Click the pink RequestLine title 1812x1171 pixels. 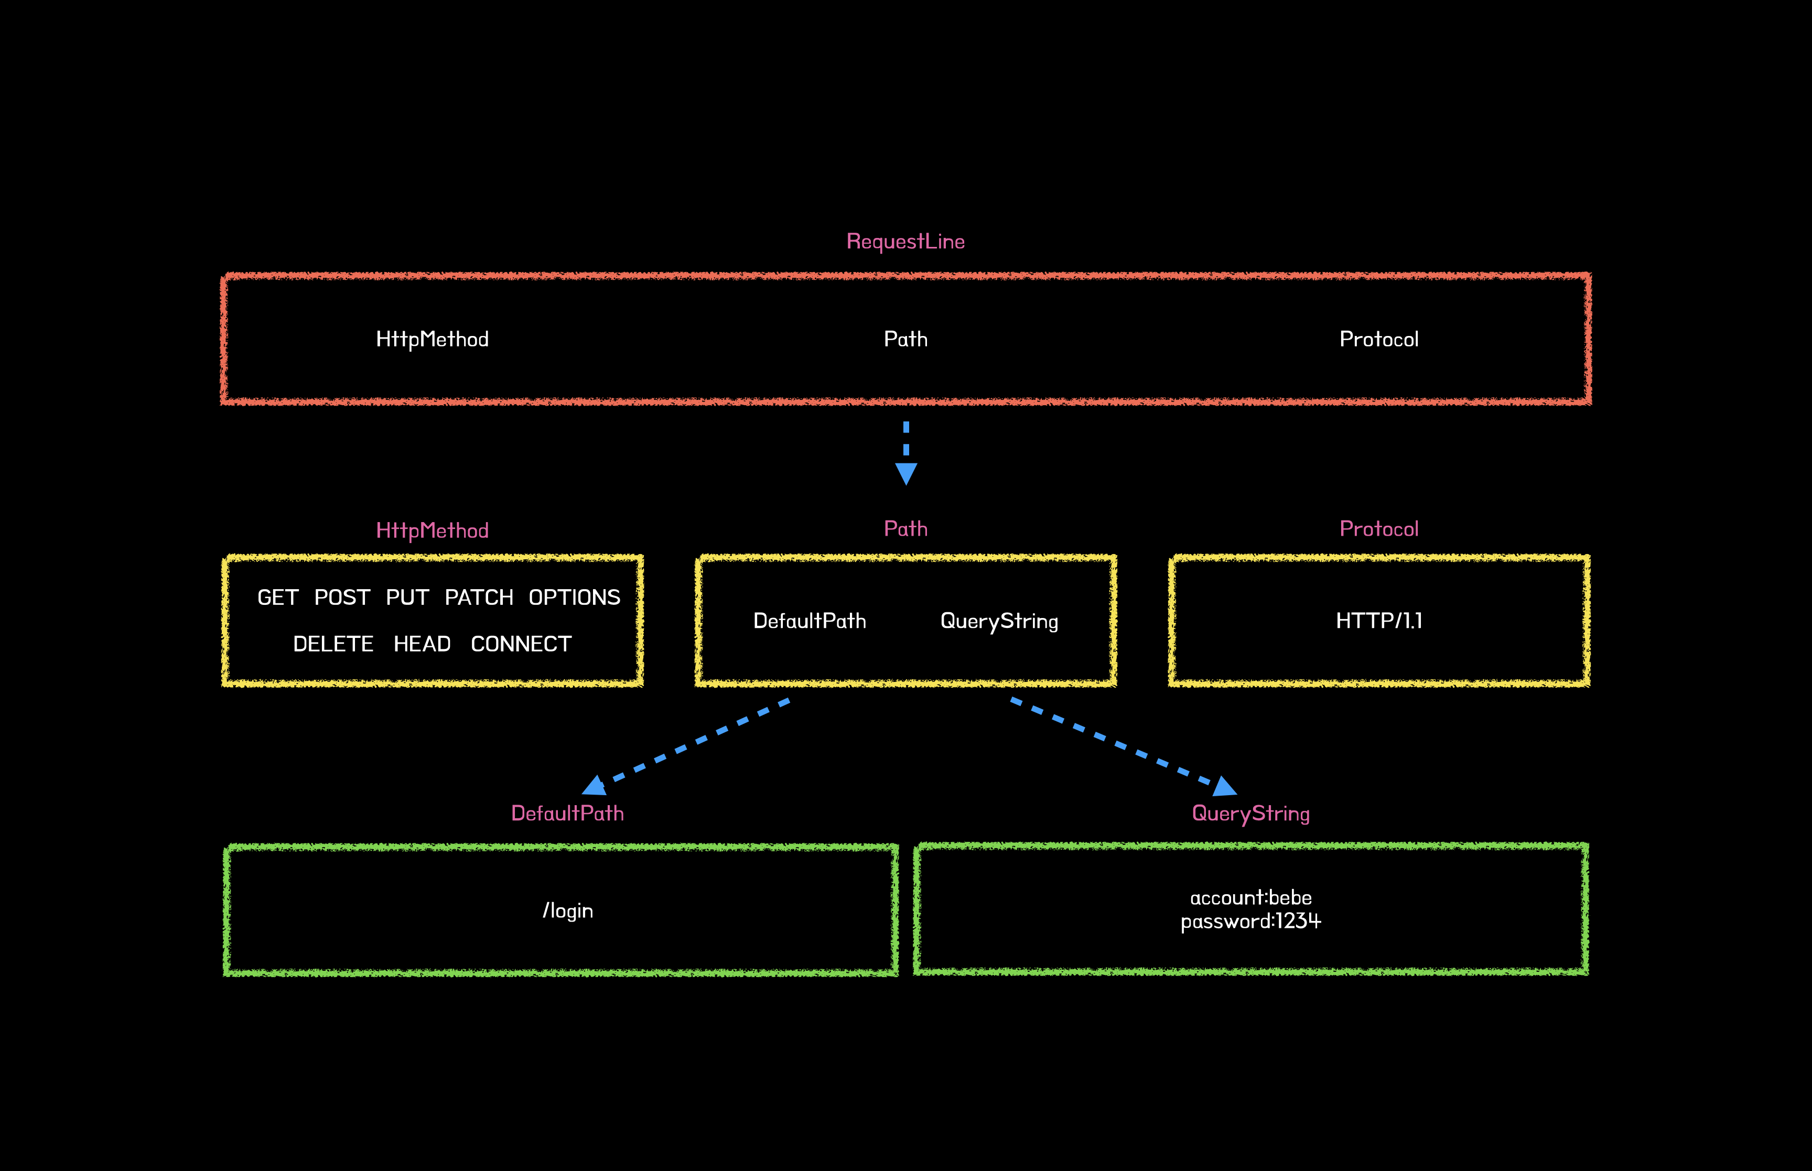[x=905, y=241]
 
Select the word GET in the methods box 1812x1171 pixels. [x=277, y=598]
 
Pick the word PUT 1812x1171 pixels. [x=407, y=598]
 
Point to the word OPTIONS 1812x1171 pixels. [x=574, y=598]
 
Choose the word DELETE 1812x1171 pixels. [x=333, y=644]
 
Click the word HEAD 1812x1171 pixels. [x=422, y=644]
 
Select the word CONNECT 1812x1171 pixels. [x=521, y=644]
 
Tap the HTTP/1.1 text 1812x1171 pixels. [x=1378, y=621]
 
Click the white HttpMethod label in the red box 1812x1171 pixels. [x=432, y=339]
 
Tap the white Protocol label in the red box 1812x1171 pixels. [x=1378, y=339]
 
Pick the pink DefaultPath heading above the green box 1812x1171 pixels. [x=567, y=813]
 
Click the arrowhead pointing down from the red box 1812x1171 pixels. [x=905, y=473]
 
